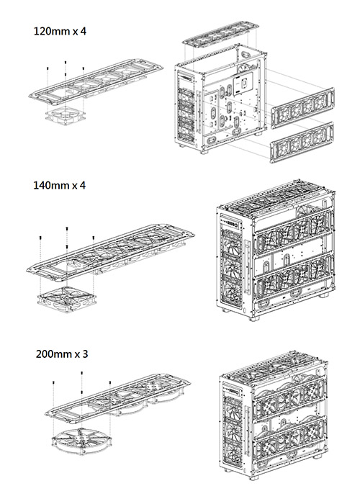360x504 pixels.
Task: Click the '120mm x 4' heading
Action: pos(60,31)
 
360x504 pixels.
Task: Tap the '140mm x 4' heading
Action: pos(60,185)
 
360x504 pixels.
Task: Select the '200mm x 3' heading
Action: pos(62,354)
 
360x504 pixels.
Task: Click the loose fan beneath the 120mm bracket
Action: pos(66,116)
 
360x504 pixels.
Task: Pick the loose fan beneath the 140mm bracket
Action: pos(66,300)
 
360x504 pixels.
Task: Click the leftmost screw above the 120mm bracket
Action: pos(48,68)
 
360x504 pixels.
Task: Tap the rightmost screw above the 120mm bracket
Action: pos(84,68)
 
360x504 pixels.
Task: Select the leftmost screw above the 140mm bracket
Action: pos(40,238)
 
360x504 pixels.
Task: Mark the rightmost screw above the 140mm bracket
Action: pos(93,238)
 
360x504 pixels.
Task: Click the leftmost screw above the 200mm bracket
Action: pos(53,382)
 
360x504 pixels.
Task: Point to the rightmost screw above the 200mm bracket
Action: pos(110,382)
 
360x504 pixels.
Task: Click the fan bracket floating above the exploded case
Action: pos(221,34)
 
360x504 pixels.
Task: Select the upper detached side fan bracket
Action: pos(303,108)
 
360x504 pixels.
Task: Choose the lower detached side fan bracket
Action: pos(302,143)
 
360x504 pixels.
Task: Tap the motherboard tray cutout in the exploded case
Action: pos(243,84)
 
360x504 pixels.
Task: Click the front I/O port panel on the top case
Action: pos(186,78)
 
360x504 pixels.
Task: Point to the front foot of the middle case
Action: pos(254,319)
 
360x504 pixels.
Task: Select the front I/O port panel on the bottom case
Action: pos(232,391)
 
